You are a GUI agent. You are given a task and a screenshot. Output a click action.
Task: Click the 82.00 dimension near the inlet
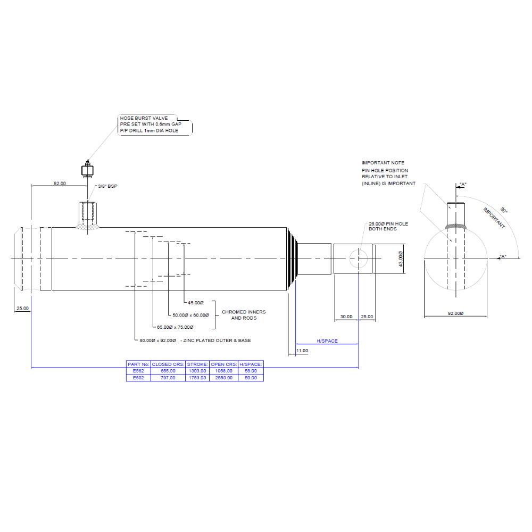click(x=60, y=184)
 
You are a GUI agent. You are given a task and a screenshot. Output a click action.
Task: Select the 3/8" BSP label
click(x=105, y=187)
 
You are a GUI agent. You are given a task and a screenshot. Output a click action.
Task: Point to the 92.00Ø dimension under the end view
click(x=455, y=313)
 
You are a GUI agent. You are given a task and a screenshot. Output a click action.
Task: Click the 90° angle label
click(x=503, y=211)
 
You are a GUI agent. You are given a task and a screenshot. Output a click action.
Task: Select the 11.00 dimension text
click(x=302, y=351)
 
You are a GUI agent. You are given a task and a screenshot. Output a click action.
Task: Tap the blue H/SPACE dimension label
click(x=327, y=341)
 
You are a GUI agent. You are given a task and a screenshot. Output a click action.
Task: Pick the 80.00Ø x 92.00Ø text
click(x=159, y=340)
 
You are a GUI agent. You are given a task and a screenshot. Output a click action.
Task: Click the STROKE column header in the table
click(x=197, y=364)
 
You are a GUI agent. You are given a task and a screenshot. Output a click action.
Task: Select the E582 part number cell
click(x=138, y=371)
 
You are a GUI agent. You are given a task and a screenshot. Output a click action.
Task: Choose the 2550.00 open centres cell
click(x=224, y=378)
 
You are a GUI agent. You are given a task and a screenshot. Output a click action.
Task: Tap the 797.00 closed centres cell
click(x=168, y=378)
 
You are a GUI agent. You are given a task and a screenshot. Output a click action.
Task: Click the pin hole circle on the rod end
click(x=359, y=259)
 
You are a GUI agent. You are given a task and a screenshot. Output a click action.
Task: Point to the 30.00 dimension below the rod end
click(x=346, y=317)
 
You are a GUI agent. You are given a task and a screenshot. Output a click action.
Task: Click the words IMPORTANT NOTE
click(x=383, y=163)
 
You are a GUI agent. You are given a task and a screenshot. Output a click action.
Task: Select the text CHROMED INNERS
click(x=244, y=312)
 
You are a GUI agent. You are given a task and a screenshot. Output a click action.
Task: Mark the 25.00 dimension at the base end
click(x=22, y=309)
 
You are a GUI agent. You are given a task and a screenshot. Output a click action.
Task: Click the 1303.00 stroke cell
click(x=197, y=371)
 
